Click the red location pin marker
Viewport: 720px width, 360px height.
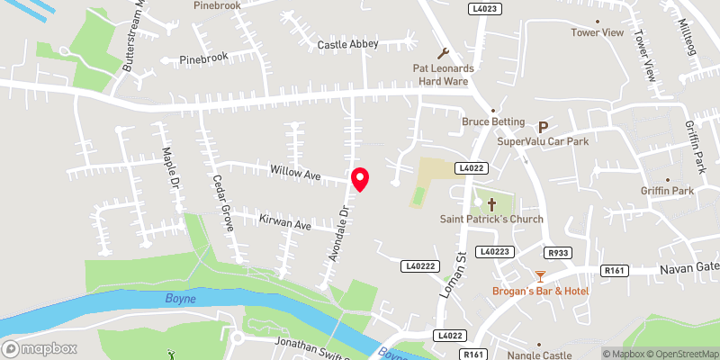pos(360,179)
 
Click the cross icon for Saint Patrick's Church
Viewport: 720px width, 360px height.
pos(478,203)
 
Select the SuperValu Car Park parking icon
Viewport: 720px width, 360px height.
pos(543,128)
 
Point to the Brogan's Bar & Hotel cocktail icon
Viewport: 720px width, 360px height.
pos(540,276)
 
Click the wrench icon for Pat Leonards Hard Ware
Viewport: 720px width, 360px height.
pos(442,53)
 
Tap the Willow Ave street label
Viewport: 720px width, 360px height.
pos(296,171)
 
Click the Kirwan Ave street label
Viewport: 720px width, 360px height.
pos(284,223)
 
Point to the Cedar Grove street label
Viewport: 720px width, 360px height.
pos(221,203)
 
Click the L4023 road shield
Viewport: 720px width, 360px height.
pos(483,8)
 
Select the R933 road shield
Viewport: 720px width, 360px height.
pos(558,253)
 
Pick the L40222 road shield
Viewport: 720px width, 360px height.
pos(420,265)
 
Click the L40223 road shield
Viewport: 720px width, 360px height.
pos(494,251)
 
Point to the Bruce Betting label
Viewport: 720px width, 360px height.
pos(487,121)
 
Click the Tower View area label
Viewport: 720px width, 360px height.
pos(597,33)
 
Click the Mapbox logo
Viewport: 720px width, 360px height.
pos(40,348)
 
